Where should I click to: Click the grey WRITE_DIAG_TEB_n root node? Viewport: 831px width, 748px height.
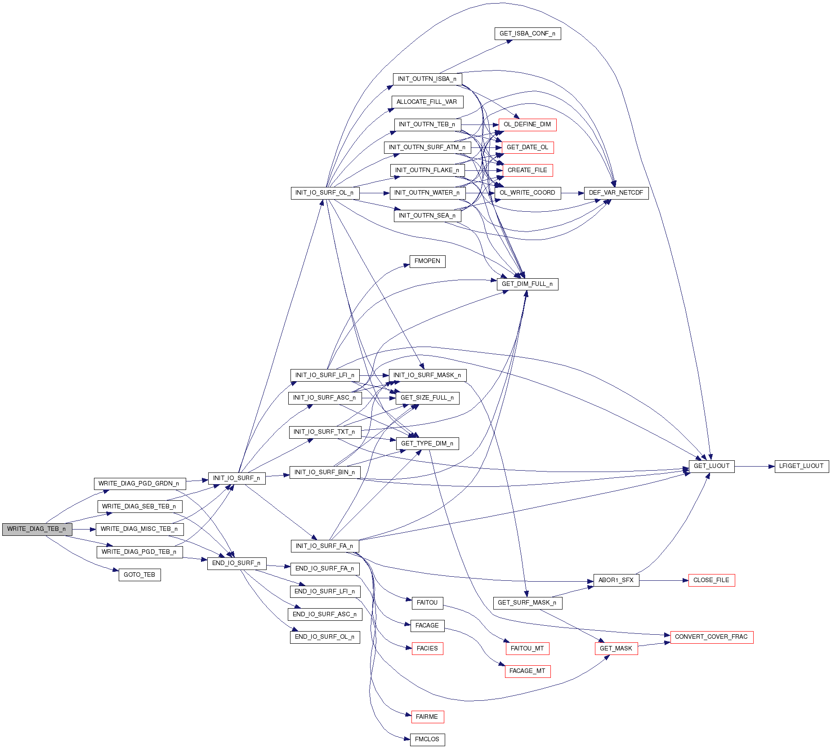click(x=37, y=529)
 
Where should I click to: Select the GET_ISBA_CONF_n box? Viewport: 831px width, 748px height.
click(x=527, y=34)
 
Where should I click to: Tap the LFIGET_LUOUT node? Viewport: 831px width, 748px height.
click(x=801, y=466)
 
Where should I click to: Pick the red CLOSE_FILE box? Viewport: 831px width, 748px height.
click(x=711, y=580)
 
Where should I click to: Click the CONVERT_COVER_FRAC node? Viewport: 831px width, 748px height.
click(x=711, y=637)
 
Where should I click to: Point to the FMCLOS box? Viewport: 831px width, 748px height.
click(x=427, y=739)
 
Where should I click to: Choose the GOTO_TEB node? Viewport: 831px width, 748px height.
click(x=139, y=575)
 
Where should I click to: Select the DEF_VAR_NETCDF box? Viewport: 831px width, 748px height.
click(x=616, y=193)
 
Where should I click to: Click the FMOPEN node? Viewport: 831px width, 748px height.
click(x=427, y=261)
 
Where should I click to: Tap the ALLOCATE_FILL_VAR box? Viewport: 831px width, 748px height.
click(x=427, y=102)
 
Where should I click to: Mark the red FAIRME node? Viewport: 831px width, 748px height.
click(x=427, y=717)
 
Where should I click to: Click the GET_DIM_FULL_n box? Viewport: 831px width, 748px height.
click(x=527, y=284)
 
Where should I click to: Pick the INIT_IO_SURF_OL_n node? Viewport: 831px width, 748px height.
click(x=325, y=193)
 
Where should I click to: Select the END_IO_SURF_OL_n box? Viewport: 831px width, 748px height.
click(x=325, y=637)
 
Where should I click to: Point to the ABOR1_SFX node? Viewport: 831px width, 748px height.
click(x=616, y=580)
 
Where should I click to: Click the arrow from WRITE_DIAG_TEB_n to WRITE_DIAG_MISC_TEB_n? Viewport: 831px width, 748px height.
click(x=84, y=529)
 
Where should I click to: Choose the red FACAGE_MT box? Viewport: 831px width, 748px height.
click(x=527, y=671)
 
